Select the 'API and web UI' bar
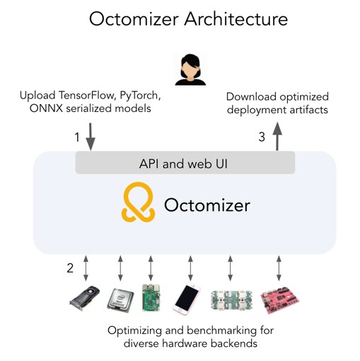[185, 163]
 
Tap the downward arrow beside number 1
[91, 137]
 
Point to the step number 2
[70, 268]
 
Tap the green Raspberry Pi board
[151, 297]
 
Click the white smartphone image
[190, 299]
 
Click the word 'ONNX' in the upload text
[40, 110]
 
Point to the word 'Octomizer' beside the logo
[207, 205]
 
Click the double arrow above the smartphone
[190, 268]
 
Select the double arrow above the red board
[279, 268]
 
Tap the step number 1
[77, 137]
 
